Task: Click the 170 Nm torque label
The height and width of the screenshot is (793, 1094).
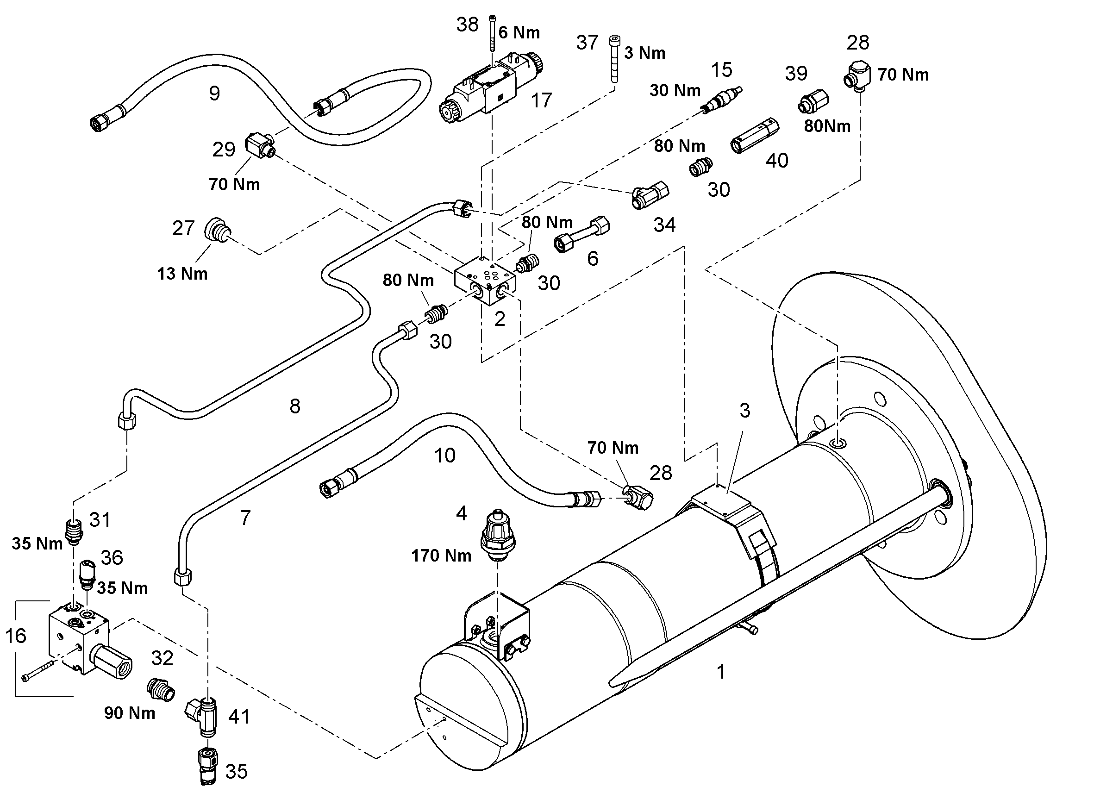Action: coord(441,556)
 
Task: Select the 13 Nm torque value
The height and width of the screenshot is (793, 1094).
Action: coord(182,274)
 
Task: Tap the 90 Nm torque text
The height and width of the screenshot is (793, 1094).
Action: coord(130,713)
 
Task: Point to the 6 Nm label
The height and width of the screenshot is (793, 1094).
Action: coord(519,32)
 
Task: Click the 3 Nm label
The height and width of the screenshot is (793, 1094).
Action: coord(644,53)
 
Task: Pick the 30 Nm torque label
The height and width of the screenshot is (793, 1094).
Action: coord(675,90)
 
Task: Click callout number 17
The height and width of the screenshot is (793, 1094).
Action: coord(541,100)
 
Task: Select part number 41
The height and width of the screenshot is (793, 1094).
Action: coord(239,717)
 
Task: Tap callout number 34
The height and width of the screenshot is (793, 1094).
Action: coord(664,225)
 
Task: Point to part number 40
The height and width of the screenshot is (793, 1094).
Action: coord(777,160)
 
